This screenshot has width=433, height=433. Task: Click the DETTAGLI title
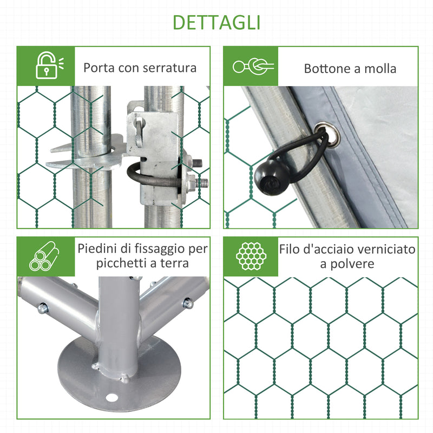point(216,22)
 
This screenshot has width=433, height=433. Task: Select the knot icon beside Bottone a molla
point(253,67)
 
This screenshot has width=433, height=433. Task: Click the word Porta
point(99,68)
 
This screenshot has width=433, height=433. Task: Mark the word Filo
point(291,249)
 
